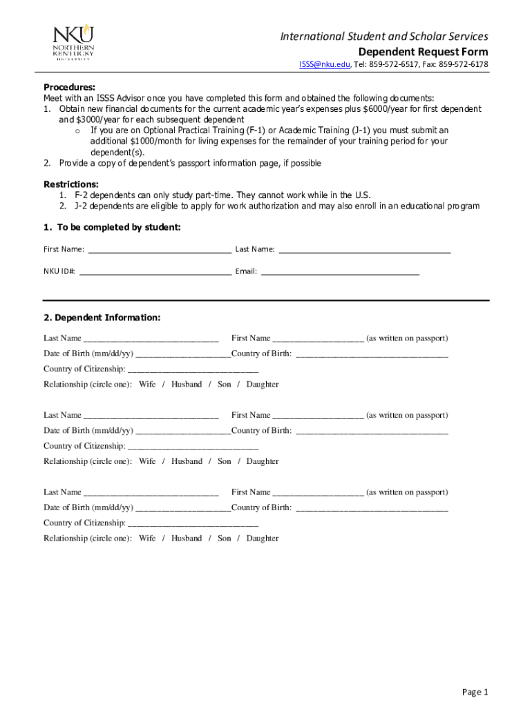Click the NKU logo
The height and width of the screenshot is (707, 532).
74,42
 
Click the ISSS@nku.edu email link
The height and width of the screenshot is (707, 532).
324,64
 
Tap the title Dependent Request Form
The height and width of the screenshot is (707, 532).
423,52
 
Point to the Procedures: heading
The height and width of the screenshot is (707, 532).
70,87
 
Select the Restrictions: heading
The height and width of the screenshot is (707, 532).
71,184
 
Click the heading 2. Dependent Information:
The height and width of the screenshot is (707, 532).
102,318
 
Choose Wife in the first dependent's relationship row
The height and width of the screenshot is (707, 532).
147,385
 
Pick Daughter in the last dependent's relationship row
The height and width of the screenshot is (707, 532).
263,539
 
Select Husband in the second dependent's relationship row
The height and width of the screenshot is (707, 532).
187,461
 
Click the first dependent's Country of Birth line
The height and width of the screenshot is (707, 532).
372,355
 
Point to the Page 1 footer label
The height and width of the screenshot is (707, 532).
475,692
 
